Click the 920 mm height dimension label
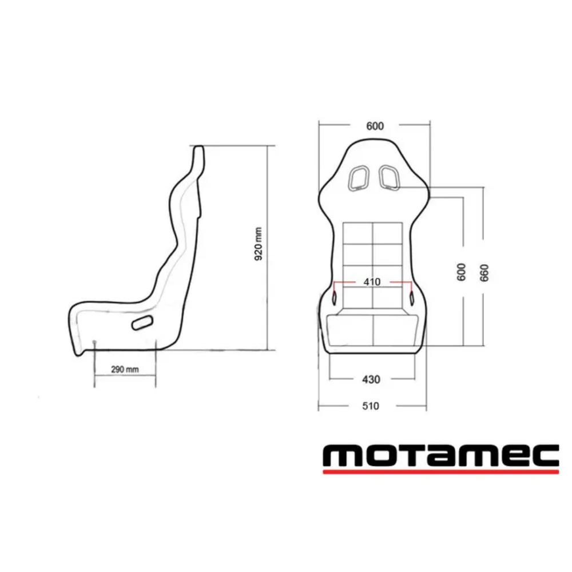pos(259,244)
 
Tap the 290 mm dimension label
pos(125,370)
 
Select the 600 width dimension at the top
pos(374,126)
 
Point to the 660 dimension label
pos(484,272)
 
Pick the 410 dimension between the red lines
pos(372,282)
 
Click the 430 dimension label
pos(371,379)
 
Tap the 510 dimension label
pos(371,406)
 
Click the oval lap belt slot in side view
pos(142,323)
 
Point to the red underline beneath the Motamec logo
pos(440,472)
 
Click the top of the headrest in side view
pos(198,148)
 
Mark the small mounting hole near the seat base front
pos(94,343)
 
